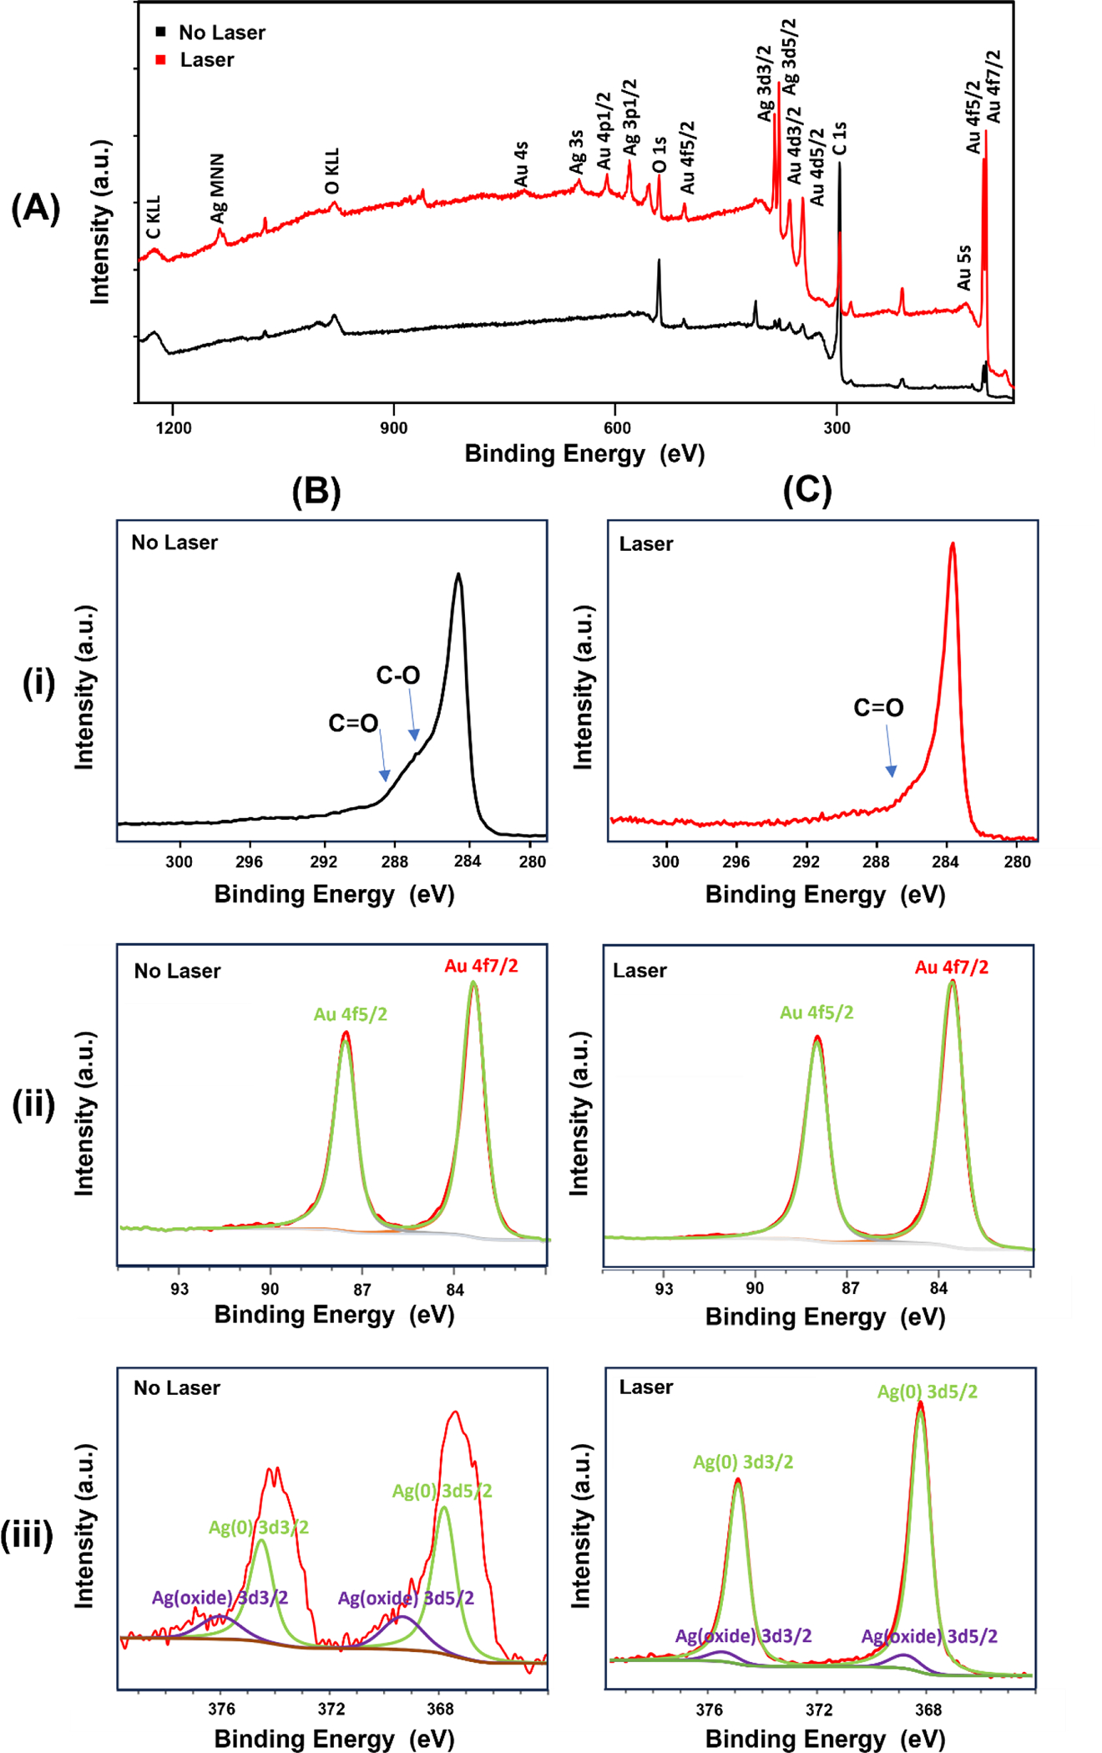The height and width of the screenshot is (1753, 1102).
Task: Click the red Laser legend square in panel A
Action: pos(161,60)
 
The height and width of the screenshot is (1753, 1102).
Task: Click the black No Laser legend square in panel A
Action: pos(161,33)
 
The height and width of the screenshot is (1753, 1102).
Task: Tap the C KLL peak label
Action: pos(154,217)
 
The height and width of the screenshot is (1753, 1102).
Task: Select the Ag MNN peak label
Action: pos(218,188)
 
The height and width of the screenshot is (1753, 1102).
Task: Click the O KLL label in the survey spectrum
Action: pos(332,172)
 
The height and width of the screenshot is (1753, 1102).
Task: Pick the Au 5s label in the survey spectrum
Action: pos(964,267)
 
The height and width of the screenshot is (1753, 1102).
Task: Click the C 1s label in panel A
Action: pos(840,139)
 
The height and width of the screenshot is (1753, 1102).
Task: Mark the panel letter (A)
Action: pos(35,207)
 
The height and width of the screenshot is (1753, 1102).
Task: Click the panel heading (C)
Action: pos(807,491)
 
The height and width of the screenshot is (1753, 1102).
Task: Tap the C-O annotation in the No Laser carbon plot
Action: pos(398,675)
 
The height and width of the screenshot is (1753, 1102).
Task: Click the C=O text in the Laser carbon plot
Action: pos(878,708)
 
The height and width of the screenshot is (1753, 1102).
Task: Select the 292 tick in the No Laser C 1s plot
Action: pos(323,861)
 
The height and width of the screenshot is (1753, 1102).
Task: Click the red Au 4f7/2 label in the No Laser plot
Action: pos(481,966)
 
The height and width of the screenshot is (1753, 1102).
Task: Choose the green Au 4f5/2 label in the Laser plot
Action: pos(816,1013)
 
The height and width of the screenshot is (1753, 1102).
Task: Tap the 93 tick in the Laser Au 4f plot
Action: pos(664,1288)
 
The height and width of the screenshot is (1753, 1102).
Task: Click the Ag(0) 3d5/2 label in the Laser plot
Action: pos(927,1392)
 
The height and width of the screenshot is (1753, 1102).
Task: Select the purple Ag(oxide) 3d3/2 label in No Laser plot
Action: pos(220,1598)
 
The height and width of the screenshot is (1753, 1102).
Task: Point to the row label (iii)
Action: pos(27,1534)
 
